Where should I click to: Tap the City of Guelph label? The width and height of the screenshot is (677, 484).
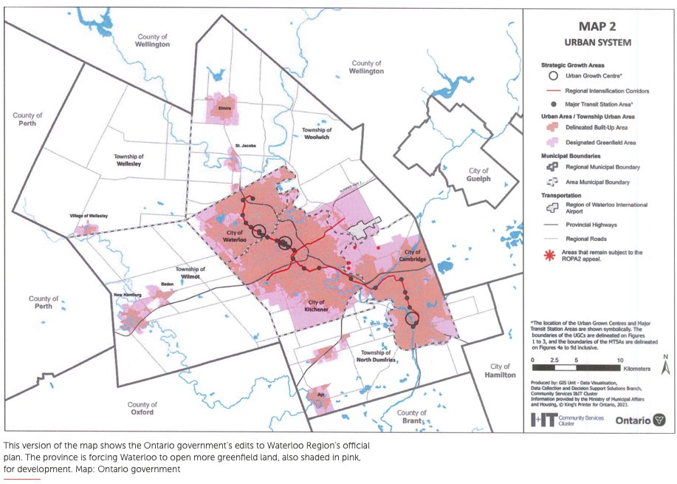click(478, 174)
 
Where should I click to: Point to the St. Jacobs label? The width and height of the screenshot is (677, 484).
click(246, 146)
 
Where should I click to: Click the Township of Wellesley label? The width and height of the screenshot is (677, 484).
click(129, 161)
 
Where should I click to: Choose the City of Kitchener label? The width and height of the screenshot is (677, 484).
click(317, 305)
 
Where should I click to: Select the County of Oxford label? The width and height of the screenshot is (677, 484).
click(142, 409)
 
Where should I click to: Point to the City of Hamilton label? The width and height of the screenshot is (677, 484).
click(500, 370)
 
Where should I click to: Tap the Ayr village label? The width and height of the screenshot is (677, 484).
click(320, 395)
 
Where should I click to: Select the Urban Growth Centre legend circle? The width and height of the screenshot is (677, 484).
click(547, 75)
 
